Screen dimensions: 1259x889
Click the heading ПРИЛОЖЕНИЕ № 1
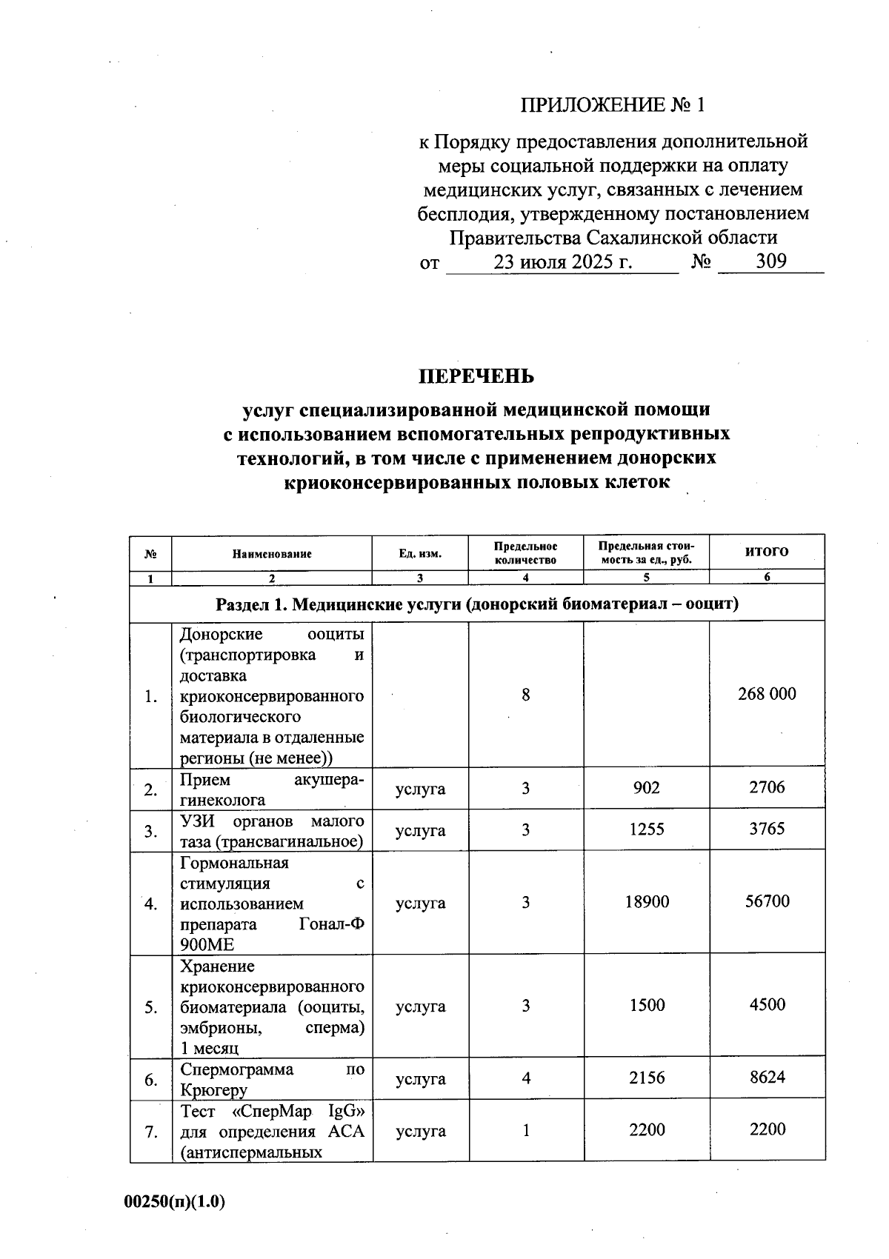[x=612, y=105]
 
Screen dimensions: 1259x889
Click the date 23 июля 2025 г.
[x=562, y=261]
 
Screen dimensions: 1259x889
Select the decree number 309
[x=770, y=261]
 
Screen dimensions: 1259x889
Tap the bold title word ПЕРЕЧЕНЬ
[x=476, y=376]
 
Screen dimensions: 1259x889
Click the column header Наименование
[x=272, y=553]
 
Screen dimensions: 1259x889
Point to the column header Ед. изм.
[x=420, y=553]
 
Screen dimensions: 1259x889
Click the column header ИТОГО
[x=767, y=551]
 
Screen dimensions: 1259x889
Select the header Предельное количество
[x=525, y=553]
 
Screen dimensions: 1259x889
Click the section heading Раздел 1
[x=477, y=604]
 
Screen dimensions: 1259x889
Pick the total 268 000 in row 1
[x=767, y=694]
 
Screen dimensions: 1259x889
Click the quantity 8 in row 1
[x=525, y=695]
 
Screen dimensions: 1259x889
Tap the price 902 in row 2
[x=647, y=788]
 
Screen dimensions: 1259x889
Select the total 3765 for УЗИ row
[x=767, y=829]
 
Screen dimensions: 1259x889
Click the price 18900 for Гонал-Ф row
[x=647, y=901]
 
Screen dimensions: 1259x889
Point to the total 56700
[x=767, y=901]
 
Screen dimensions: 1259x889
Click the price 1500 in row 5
[x=647, y=1005]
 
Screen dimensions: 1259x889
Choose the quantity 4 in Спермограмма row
[x=525, y=1078]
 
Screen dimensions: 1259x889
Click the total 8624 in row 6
[x=767, y=1078]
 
